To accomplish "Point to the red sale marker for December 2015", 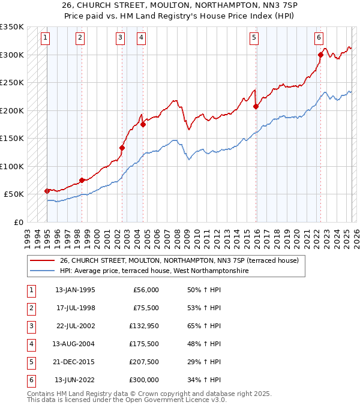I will (x=256, y=107).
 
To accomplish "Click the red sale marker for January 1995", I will (x=47, y=191).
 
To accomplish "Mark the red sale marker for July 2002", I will (x=122, y=148).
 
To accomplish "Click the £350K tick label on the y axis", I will (x=12, y=27).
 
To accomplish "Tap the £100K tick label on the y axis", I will (x=12, y=166).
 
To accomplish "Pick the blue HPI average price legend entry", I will (x=154, y=271).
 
